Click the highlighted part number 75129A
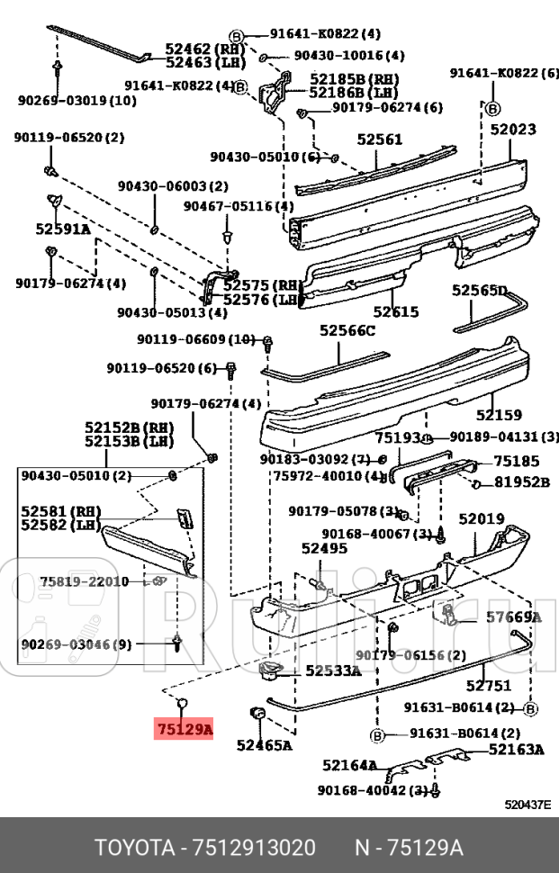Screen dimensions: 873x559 (184, 729)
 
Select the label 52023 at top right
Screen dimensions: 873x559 (513, 130)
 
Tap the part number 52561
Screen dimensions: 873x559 (379, 139)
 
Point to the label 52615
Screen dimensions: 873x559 (396, 312)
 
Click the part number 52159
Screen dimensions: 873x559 (499, 415)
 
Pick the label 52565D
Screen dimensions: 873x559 (479, 290)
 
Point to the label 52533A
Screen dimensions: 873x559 (332, 670)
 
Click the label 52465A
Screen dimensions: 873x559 (264, 745)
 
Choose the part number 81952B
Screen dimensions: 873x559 (521, 481)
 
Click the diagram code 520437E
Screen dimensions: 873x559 (527, 805)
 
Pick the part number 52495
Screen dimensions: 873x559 (324, 548)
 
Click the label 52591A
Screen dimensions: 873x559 (63, 229)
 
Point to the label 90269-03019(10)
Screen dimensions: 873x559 (77, 100)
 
